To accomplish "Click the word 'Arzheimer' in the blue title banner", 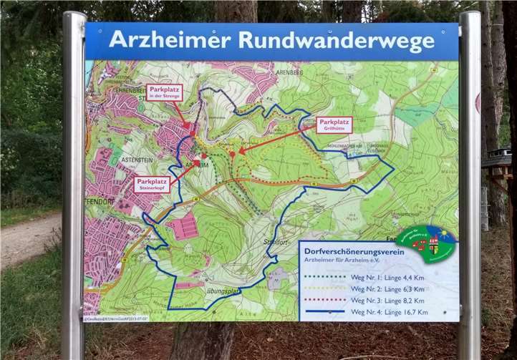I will (170, 40).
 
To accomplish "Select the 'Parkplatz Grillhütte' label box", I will (334, 125).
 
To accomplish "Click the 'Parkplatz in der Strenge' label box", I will (164, 92).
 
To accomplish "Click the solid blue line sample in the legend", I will (325, 312).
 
